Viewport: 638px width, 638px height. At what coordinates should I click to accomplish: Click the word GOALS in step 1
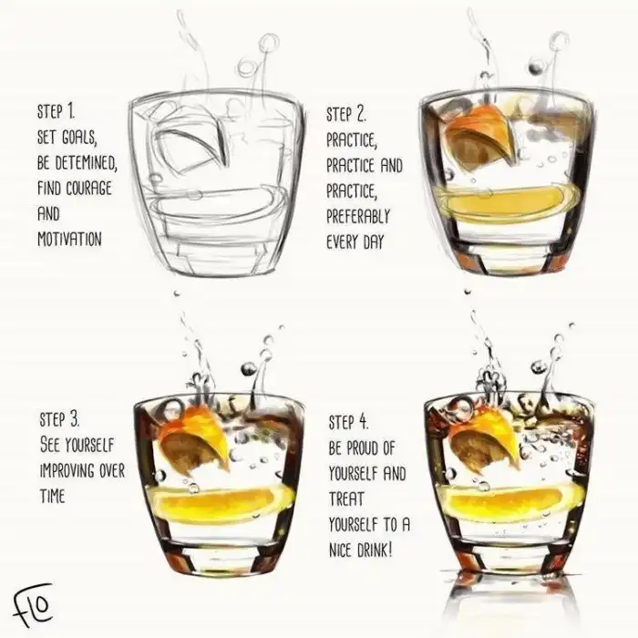point(79,137)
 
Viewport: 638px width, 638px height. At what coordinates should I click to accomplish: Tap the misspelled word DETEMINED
point(86,163)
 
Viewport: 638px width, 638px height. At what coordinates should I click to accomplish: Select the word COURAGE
point(88,189)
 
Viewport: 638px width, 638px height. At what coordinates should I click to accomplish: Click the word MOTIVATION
point(69,239)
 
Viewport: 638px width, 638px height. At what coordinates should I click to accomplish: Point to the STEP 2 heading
point(346,114)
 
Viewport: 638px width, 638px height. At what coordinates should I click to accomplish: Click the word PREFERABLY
point(358,217)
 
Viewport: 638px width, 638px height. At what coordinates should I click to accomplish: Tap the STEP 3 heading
point(60,419)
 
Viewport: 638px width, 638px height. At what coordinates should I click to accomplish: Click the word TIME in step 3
point(53,496)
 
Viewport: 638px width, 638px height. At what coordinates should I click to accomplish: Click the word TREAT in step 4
point(345,499)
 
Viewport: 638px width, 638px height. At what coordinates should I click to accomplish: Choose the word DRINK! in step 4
point(375,551)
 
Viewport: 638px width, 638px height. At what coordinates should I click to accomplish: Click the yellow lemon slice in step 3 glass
point(223,501)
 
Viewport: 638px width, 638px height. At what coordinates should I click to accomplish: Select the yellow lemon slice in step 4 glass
point(512,501)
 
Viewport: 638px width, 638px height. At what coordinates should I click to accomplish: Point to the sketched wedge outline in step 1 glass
point(188,143)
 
